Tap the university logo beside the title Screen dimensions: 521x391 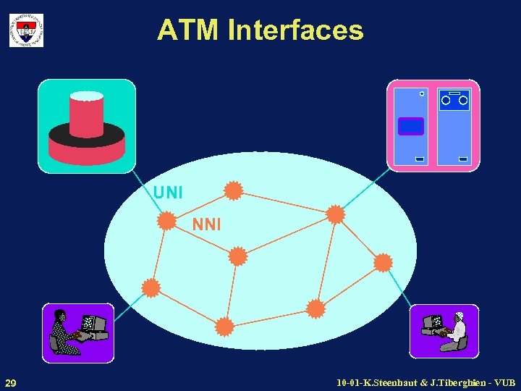tap(26, 30)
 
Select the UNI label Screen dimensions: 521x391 tap(168, 193)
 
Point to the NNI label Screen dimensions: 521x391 tap(207, 224)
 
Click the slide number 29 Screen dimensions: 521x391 tap(11, 382)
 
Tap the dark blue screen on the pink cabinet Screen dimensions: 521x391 tap(411, 127)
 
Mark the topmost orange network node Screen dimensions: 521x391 tap(233, 190)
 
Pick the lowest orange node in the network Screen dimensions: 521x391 tap(225, 327)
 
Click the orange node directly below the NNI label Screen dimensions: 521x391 tap(237, 256)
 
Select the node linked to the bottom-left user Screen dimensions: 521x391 tap(151, 288)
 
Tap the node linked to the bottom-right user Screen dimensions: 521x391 tap(383, 262)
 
